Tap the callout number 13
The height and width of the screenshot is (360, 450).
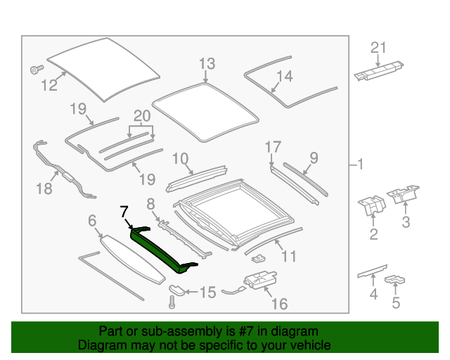pos(206,65)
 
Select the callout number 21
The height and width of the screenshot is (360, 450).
pos(379,48)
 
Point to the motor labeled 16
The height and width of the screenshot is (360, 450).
pos(258,281)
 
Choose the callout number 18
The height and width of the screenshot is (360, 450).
pos(44,188)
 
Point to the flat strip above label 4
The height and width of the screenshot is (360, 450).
pos(372,270)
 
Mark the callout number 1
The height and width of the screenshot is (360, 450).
pos(359,166)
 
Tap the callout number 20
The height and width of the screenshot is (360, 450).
pos(142,116)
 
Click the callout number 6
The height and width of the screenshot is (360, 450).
pos(92,221)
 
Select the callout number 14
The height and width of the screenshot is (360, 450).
pos(283,76)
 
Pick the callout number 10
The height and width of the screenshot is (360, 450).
pos(181,158)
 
